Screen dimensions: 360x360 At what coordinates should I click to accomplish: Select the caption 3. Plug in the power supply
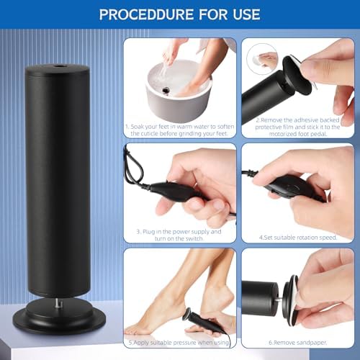[x=180, y=235]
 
